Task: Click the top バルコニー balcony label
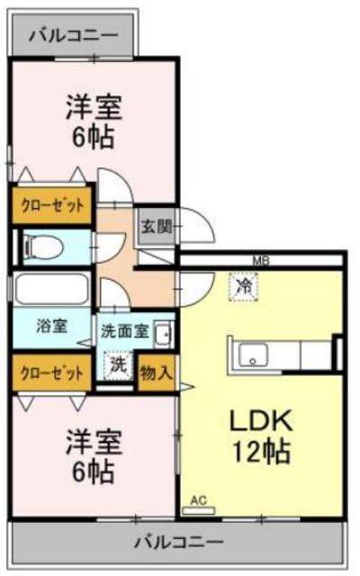pos(72,36)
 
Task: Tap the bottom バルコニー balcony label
pos(178,542)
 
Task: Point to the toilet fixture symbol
pos(40,246)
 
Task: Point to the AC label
pos(198,500)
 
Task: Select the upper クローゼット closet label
pos(51,205)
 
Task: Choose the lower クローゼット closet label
pos(51,371)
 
